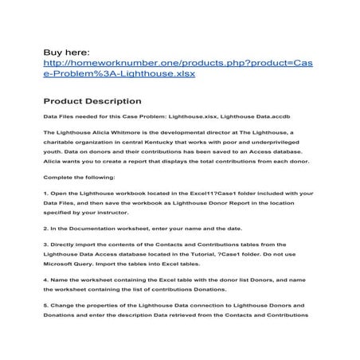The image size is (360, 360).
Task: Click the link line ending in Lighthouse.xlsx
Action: (x=119, y=74)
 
